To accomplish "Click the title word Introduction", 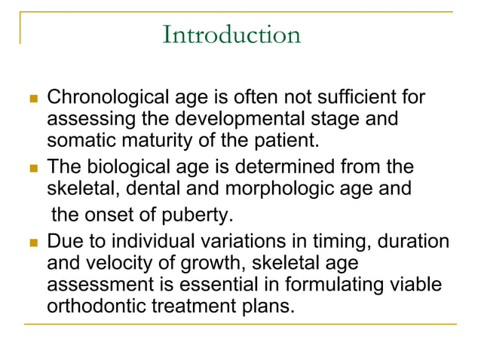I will (231, 35).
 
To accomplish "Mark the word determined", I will (290, 166).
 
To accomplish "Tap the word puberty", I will (201, 215).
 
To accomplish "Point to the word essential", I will (210, 284).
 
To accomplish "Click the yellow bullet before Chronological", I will (31, 99).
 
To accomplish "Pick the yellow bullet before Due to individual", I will (31, 243).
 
